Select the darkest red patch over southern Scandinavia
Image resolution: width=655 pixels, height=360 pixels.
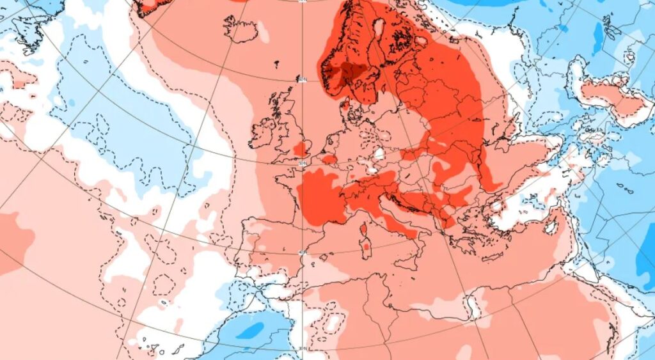(x=351, y=73)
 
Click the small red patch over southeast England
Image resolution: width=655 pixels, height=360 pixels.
(x=299, y=150)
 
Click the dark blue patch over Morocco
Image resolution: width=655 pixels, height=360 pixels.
(x=253, y=330)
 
